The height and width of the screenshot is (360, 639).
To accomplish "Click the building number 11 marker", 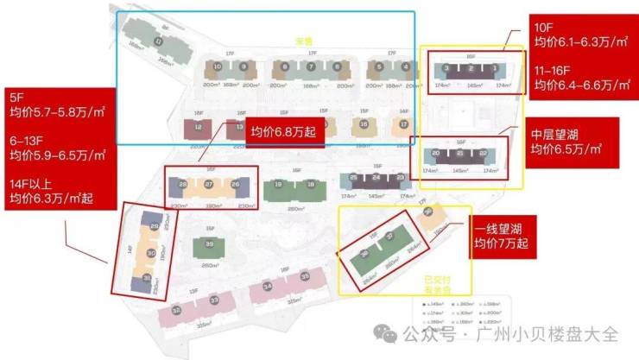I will click(157, 41).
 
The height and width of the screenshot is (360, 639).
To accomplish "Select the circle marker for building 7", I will click(308, 66).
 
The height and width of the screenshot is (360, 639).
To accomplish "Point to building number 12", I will click(199, 128).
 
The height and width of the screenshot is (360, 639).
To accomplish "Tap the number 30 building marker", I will click(152, 253).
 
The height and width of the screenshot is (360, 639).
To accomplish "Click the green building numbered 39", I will click(209, 244).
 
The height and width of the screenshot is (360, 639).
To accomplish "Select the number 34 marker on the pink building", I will click(269, 287).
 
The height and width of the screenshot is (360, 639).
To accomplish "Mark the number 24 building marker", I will click(376, 179).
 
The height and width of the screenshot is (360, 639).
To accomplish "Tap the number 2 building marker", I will click(469, 67).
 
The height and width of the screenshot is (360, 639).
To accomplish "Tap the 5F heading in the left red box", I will click(17, 95).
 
